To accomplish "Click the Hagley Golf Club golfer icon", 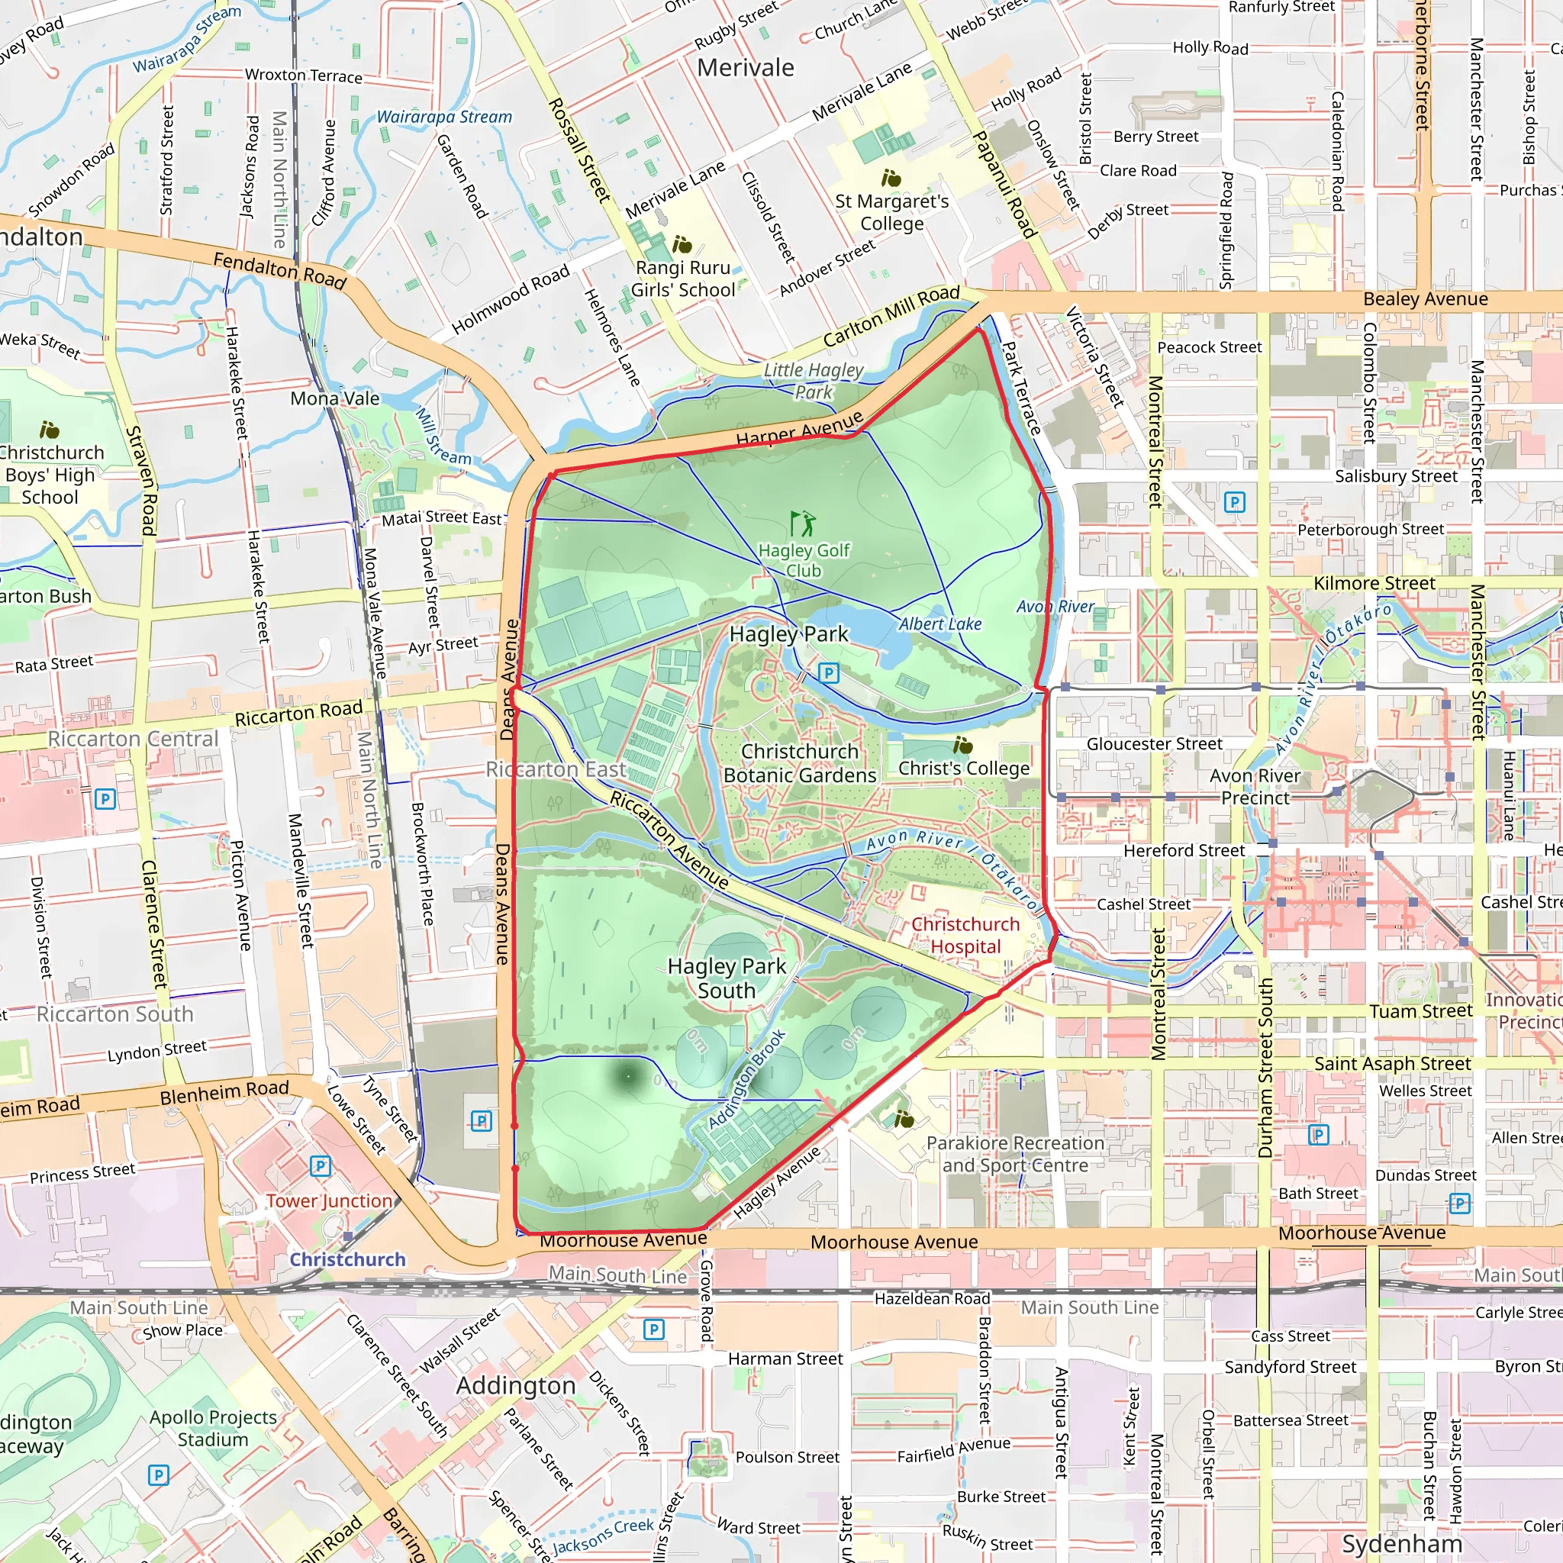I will (803, 524).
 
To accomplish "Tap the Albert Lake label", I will (940, 624).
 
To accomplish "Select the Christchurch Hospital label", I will (965, 935).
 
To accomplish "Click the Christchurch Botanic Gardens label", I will (799, 763).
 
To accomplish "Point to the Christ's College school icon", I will (962, 745).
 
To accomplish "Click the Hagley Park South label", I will (727, 978).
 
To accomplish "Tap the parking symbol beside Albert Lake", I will (828, 672).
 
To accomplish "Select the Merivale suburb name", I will (745, 68).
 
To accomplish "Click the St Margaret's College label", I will (891, 212).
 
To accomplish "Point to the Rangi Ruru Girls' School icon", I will (682, 244).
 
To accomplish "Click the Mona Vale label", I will (335, 398).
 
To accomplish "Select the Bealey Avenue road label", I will (1426, 298).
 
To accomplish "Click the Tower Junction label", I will (329, 1200).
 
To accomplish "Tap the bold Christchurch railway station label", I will (348, 1258).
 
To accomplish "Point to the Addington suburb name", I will (516, 1385).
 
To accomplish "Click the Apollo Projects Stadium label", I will (213, 1428).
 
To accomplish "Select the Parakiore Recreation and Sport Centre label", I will (1014, 1154).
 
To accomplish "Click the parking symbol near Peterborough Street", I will (1234, 501).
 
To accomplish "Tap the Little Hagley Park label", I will (813, 380).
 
